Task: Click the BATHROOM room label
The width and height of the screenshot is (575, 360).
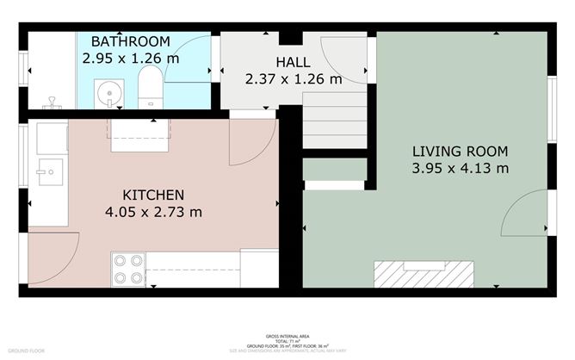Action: pyautogui.click(x=131, y=41)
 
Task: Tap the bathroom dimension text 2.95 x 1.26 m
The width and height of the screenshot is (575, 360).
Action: pyautogui.click(x=131, y=59)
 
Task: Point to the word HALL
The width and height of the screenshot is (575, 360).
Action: pyautogui.click(x=294, y=62)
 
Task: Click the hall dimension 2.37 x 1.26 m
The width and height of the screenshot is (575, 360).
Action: pyautogui.click(x=294, y=79)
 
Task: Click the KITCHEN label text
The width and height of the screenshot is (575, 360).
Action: pyautogui.click(x=152, y=195)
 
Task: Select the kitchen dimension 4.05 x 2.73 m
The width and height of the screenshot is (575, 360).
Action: pyautogui.click(x=152, y=212)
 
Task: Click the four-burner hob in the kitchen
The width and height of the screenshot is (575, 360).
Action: pyautogui.click(x=128, y=269)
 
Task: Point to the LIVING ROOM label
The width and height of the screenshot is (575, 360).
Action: pyautogui.click(x=459, y=150)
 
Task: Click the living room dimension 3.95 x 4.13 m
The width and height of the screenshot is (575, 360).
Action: pyautogui.click(x=459, y=167)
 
